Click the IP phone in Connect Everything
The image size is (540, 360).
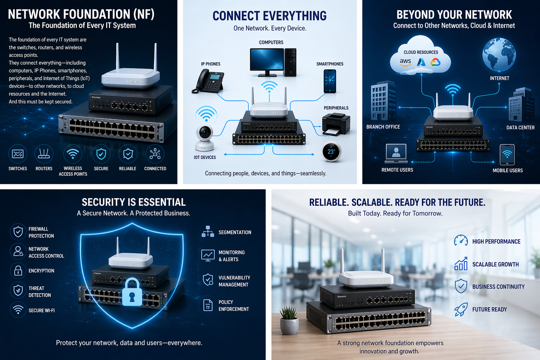pos(208,81)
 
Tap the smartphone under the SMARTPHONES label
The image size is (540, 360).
pos(329,81)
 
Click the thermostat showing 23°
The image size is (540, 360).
pos(331,152)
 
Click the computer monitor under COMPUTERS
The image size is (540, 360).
pos(267,60)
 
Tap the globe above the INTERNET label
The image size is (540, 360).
pos(499,55)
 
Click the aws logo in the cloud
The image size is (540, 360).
pos(405,62)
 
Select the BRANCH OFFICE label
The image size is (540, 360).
pos(383,127)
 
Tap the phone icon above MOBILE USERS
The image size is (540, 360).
pos(507,154)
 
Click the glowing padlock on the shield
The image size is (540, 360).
pos(132,292)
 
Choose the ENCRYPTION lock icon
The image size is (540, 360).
pos(18,271)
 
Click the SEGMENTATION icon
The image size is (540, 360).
pos(208,232)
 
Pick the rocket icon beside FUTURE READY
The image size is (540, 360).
pos(461,309)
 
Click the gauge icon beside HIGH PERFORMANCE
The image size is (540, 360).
pos(461,241)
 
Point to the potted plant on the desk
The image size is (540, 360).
pos(289,320)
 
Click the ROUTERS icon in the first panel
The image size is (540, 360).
pos(44,154)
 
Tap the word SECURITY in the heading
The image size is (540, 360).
pos(103,202)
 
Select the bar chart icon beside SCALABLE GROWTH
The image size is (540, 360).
pos(461,264)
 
